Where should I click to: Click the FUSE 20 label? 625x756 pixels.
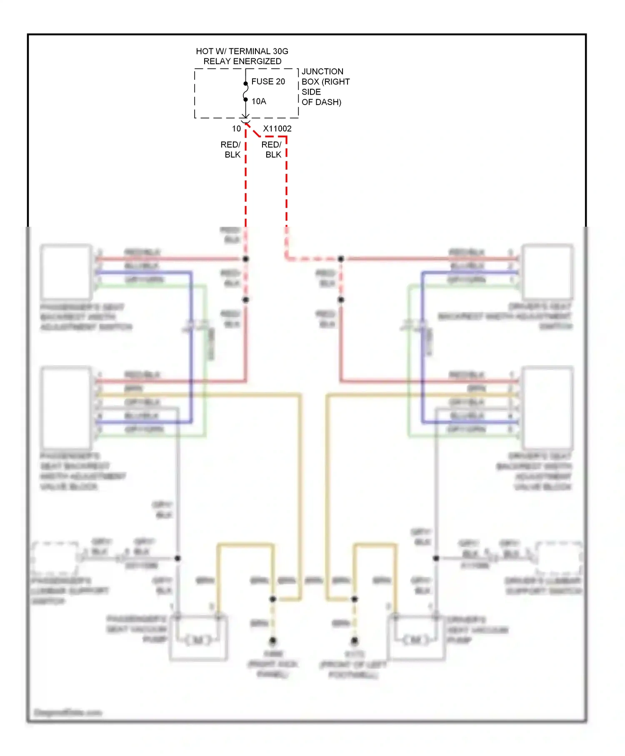268,82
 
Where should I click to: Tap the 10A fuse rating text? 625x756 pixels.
259,101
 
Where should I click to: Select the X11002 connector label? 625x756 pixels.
277,129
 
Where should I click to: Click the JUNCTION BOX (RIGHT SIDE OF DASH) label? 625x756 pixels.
325,87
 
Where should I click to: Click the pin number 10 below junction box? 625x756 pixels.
236,129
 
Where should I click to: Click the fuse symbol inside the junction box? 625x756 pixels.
245,92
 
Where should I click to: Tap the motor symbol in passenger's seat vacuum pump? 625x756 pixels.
198,639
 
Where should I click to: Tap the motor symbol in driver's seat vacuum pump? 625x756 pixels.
415,639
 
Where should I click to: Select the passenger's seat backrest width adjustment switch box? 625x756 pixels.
66,272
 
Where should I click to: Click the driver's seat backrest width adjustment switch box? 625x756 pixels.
547,272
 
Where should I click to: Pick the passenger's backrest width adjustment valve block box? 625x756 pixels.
66,407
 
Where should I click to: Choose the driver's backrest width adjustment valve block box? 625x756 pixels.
547,407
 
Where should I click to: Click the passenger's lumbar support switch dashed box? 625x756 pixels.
55,558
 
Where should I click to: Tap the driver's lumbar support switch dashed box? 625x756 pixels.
559,558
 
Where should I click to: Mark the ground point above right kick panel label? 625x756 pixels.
272,640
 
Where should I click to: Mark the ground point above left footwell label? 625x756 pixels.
354,640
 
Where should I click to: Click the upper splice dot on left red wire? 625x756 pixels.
246,259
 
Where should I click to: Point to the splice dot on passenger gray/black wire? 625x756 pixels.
177,558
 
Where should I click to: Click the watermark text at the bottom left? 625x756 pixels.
68,712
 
